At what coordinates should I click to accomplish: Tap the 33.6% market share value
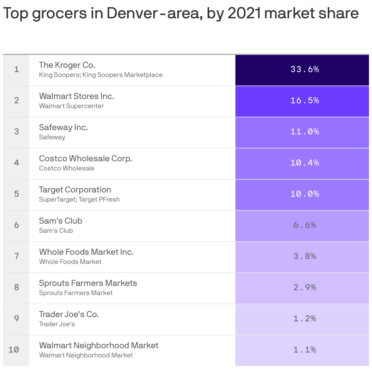pyautogui.click(x=305, y=69)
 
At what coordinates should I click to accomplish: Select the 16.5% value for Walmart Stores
pyautogui.click(x=305, y=100)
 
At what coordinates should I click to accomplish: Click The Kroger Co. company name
pyautogui.click(x=67, y=65)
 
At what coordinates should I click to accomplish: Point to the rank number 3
pyautogui.click(x=16, y=132)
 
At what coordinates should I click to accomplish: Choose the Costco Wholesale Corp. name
pyautogui.click(x=85, y=159)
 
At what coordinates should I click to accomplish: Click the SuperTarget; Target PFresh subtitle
pyautogui.click(x=79, y=199)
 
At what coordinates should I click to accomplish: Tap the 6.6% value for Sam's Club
pyautogui.click(x=305, y=225)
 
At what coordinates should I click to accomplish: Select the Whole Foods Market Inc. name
pyautogui.click(x=86, y=252)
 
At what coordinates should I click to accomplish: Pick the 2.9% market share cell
pyautogui.click(x=305, y=287)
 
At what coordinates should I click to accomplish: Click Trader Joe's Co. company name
pyautogui.click(x=69, y=314)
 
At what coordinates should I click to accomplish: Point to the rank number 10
pyautogui.click(x=14, y=349)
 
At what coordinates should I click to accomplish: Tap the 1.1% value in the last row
pyautogui.click(x=305, y=350)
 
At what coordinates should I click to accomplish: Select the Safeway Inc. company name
pyautogui.click(x=63, y=127)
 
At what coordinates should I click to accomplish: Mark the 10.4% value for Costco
pyautogui.click(x=305, y=163)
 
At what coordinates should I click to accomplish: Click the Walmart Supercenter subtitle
pyautogui.click(x=71, y=106)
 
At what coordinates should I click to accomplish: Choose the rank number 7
pyautogui.click(x=16, y=256)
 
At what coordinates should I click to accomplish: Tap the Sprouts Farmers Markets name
pyautogui.click(x=88, y=283)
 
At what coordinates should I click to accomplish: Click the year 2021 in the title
pyautogui.click(x=244, y=13)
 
